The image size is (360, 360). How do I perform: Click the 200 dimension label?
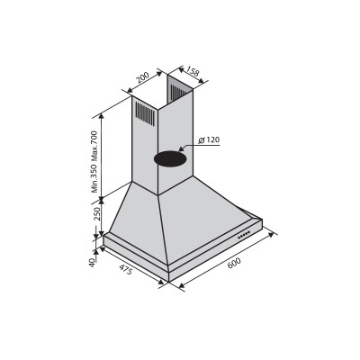[x=143, y=78]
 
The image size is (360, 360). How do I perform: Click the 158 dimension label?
[x=192, y=71]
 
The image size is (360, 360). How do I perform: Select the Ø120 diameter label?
[x=209, y=140]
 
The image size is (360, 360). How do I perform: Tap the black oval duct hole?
[x=169, y=158]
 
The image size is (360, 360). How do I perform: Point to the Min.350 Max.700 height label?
[x=94, y=161]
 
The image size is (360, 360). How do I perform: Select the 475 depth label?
[x=127, y=270]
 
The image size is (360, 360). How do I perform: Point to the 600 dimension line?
[x=225, y=267]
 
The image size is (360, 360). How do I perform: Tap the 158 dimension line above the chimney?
[x=183, y=76]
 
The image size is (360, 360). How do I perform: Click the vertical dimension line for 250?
[x=101, y=216]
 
